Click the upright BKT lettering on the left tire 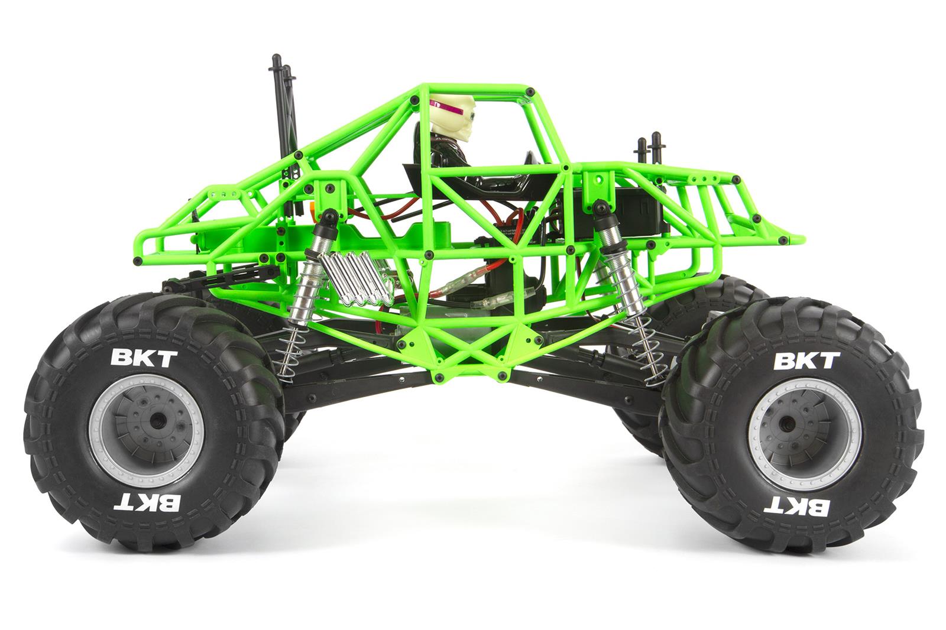(144, 359)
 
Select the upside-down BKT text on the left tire (147, 502)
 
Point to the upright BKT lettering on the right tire (806, 361)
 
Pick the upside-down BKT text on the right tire (796, 505)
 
